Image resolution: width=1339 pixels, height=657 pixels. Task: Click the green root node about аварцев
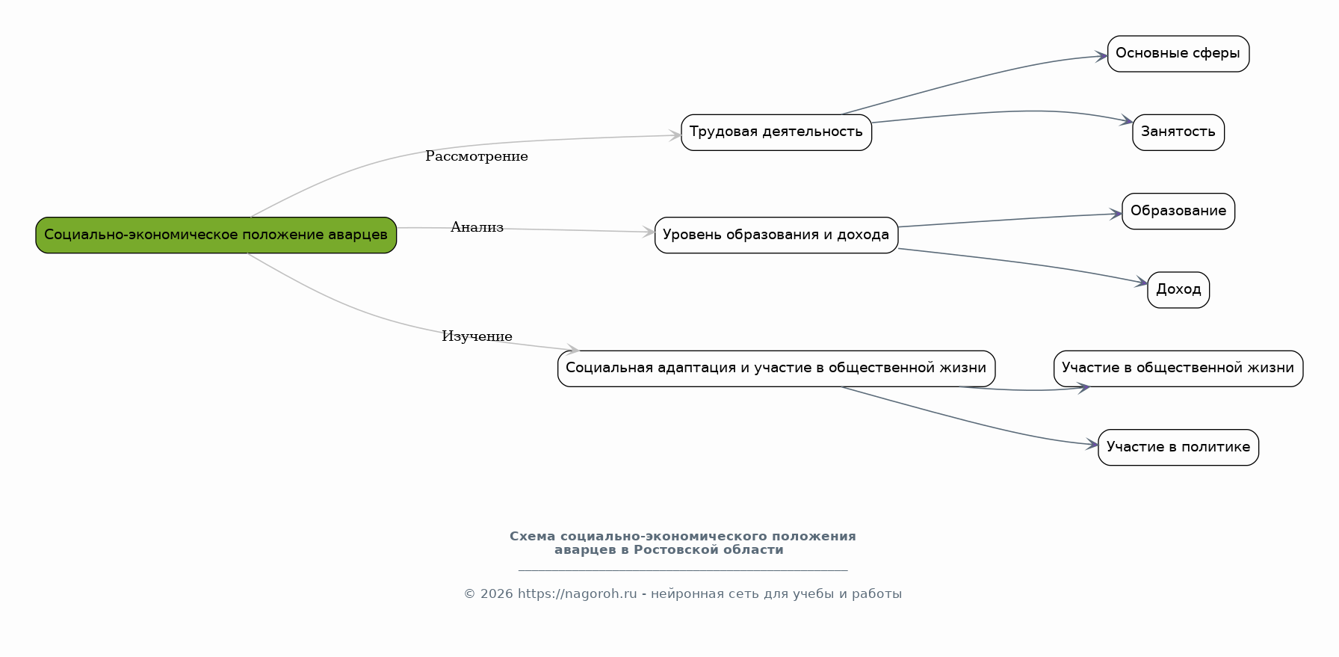pyautogui.click(x=216, y=235)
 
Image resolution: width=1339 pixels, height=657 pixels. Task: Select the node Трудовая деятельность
pyautogui.click(x=776, y=132)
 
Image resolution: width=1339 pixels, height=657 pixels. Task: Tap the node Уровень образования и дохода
pyautogui.click(x=776, y=235)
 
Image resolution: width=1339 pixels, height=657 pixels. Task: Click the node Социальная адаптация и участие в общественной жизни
pyautogui.click(x=776, y=368)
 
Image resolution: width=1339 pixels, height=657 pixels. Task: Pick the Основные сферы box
pyautogui.click(x=1178, y=54)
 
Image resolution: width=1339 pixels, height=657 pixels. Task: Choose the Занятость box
pyautogui.click(x=1178, y=132)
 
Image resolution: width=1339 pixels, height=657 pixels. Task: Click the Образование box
pyautogui.click(x=1178, y=212)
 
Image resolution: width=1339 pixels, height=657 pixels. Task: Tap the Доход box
pyautogui.click(x=1178, y=290)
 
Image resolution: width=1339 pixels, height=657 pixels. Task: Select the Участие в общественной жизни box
pyautogui.click(x=1178, y=368)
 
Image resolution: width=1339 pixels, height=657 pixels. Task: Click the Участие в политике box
pyautogui.click(x=1178, y=448)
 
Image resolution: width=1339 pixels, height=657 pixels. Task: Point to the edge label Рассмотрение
pyautogui.click(x=477, y=156)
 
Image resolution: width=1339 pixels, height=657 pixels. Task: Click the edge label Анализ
pyautogui.click(x=477, y=227)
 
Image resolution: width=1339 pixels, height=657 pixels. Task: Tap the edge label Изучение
pyautogui.click(x=477, y=336)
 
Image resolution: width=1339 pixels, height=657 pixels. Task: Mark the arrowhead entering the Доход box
pyautogui.click(x=1142, y=283)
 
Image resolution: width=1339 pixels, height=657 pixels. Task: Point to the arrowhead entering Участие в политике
pyautogui.click(x=1092, y=445)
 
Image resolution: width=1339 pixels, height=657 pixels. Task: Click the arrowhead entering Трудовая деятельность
pyautogui.click(x=675, y=135)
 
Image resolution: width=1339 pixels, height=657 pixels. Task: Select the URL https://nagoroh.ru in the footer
pyautogui.click(x=577, y=594)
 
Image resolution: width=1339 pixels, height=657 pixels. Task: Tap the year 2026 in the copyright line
pyautogui.click(x=497, y=594)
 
